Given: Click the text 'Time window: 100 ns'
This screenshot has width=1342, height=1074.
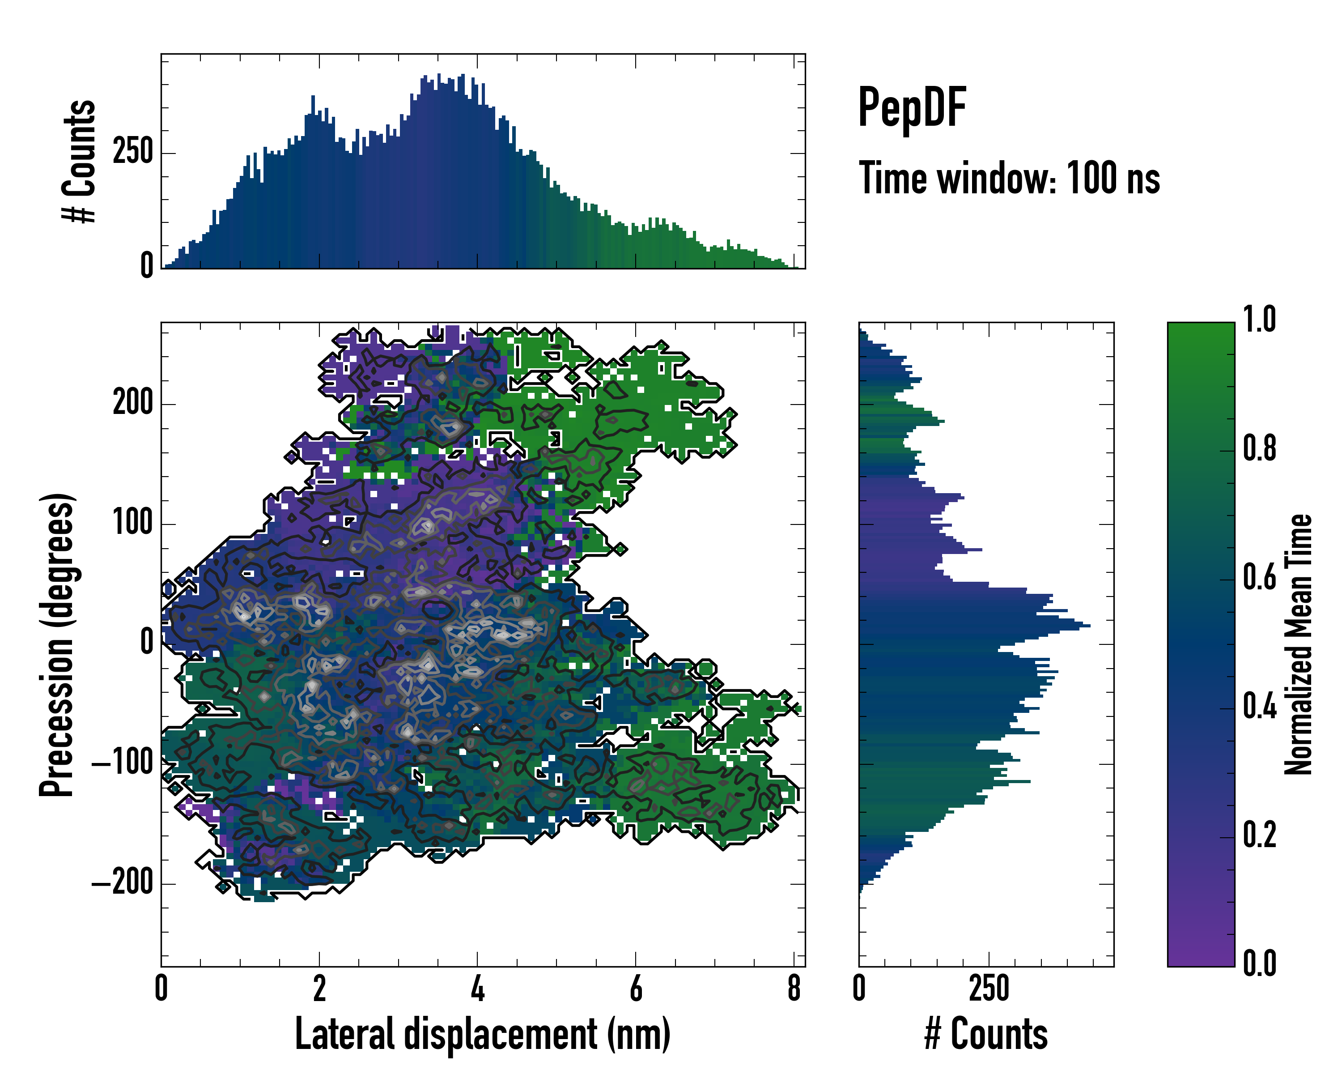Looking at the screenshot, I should click(x=1009, y=179).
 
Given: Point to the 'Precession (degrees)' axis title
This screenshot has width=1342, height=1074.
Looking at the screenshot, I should click(x=57, y=644).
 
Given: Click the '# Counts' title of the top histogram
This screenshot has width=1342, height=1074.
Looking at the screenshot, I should click(x=79, y=161).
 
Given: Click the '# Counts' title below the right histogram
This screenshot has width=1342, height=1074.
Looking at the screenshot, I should click(x=986, y=1034).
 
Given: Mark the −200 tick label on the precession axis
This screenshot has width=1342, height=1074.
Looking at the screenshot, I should click(x=123, y=883).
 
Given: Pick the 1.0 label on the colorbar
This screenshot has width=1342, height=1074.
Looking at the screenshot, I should click(x=1259, y=320).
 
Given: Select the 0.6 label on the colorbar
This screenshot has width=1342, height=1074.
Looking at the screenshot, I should click(x=1259, y=578).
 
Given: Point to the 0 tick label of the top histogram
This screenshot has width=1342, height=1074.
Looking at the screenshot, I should click(x=147, y=266).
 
